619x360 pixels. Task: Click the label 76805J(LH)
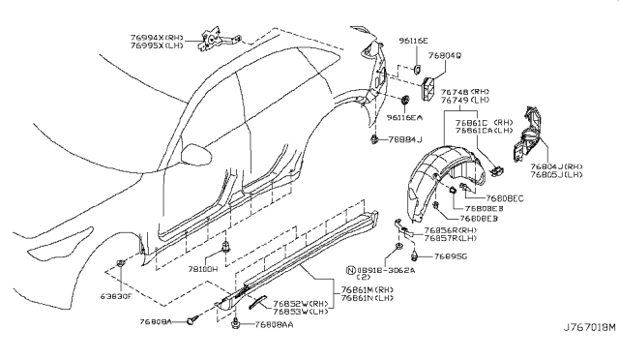[556, 177]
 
